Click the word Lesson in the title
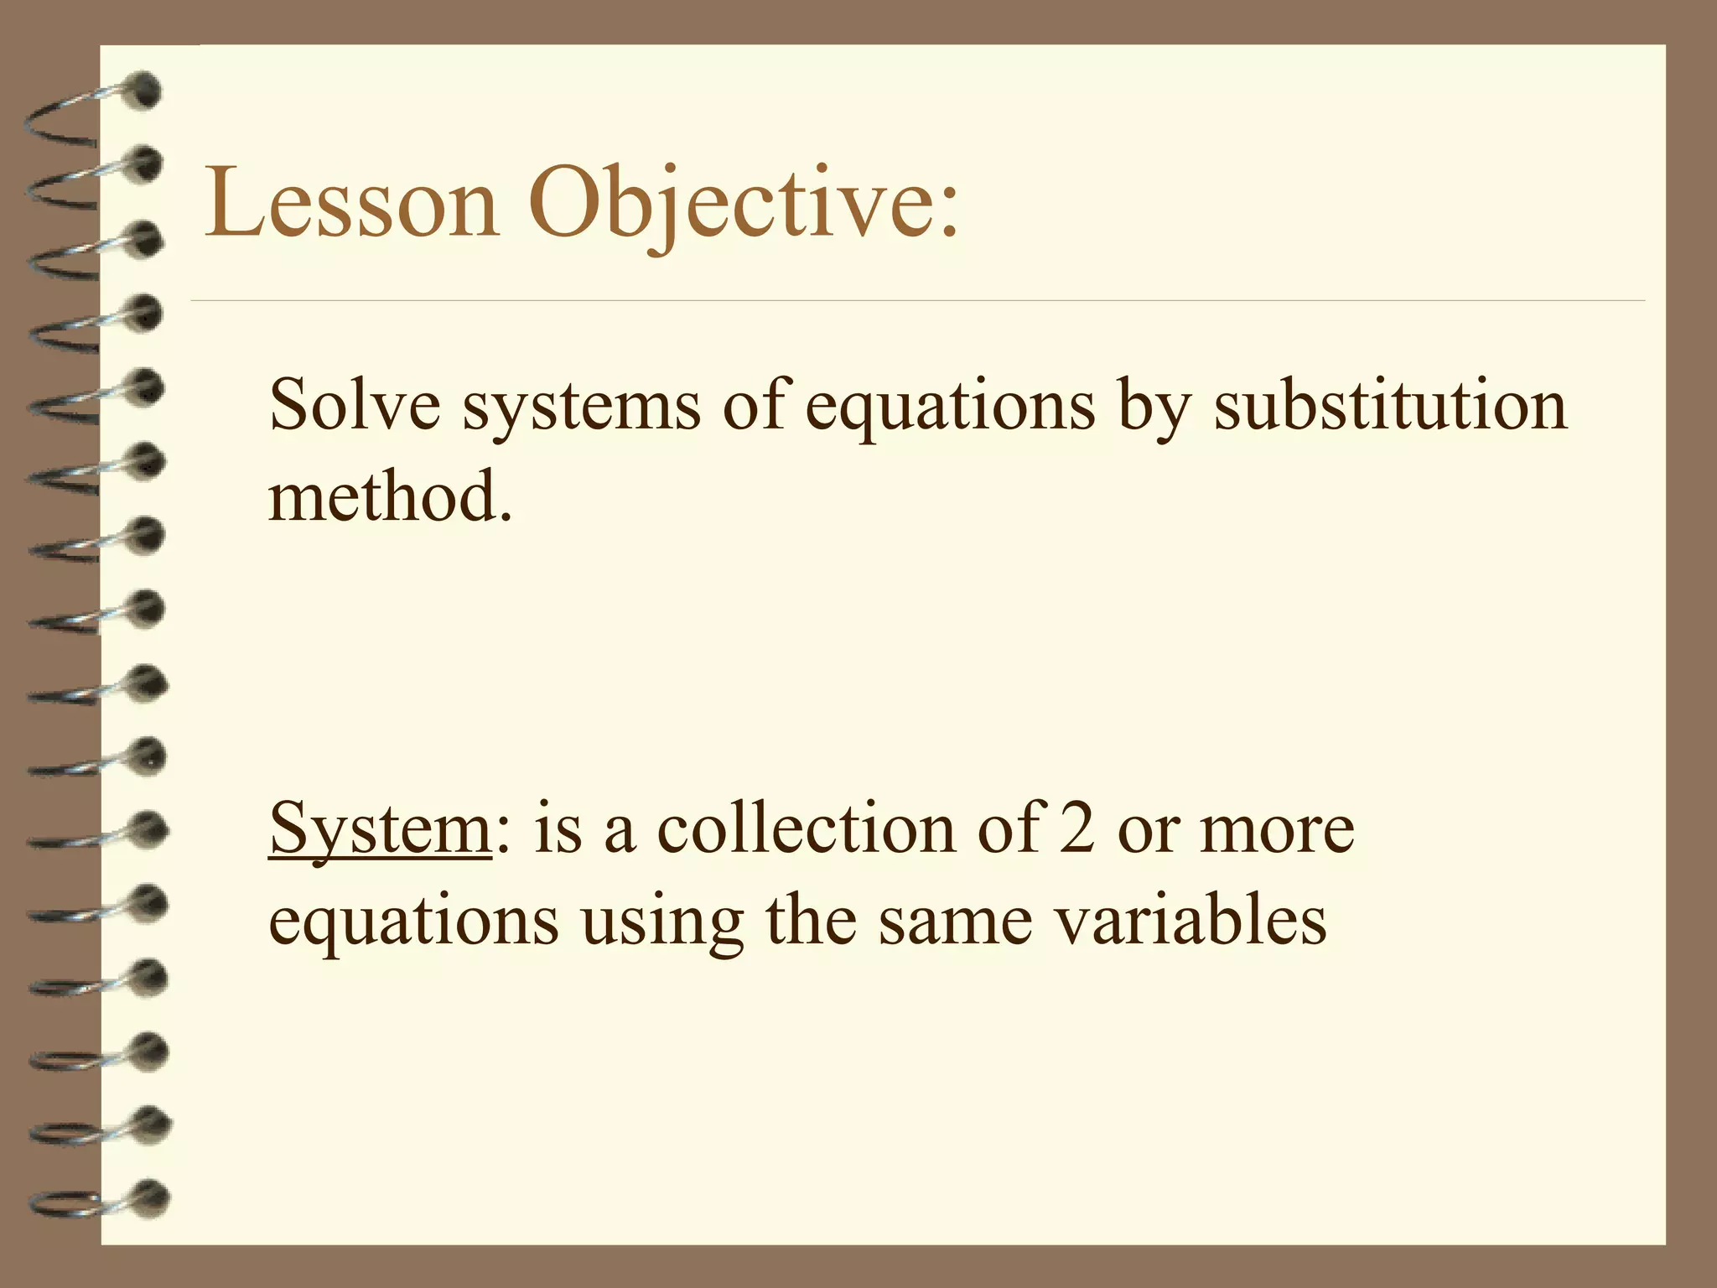[x=352, y=204]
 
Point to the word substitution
[x=1390, y=405]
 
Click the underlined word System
[x=380, y=828]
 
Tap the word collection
[x=806, y=828]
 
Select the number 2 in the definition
[x=1076, y=828]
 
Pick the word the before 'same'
[x=812, y=920]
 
